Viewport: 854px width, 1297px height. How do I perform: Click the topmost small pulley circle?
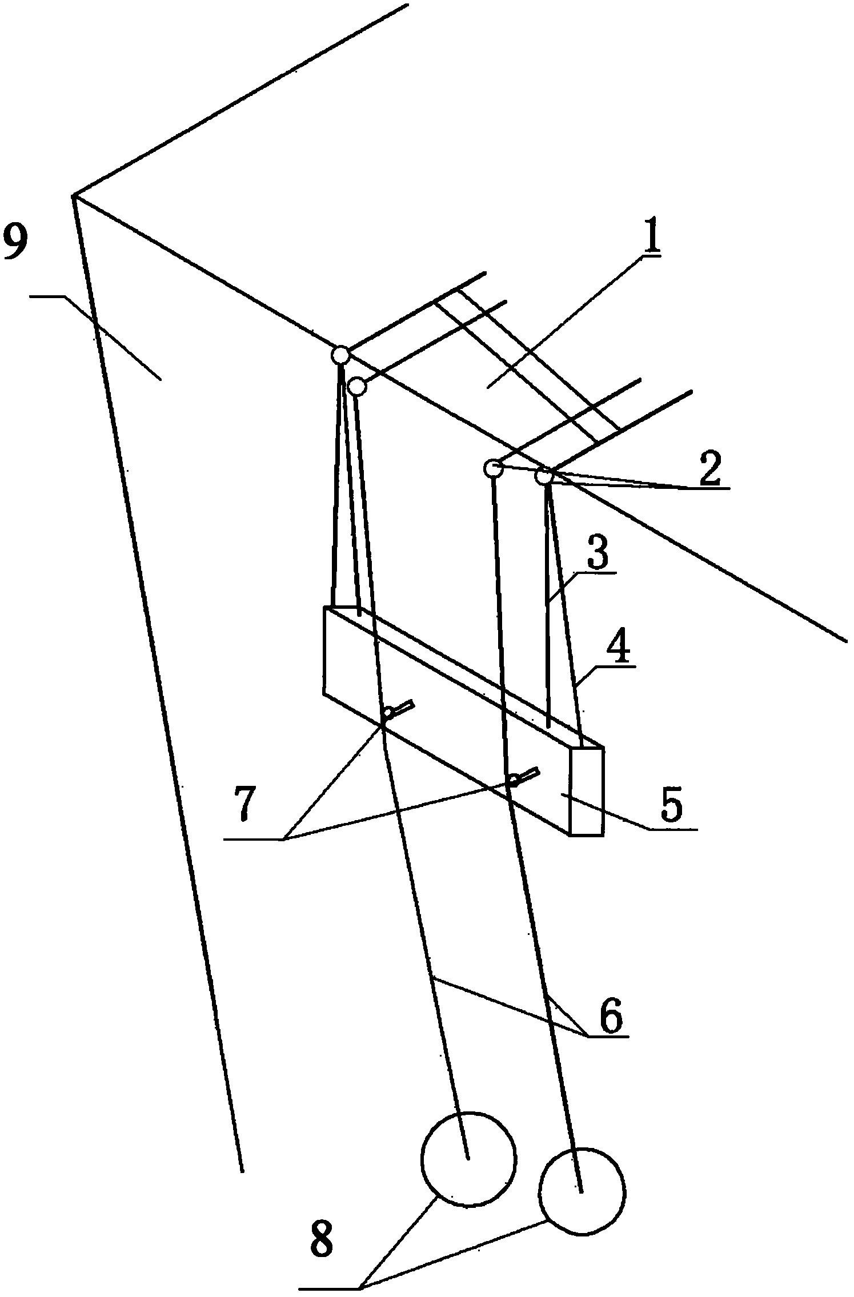[x=340, y=355]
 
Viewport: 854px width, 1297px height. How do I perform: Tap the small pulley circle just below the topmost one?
[x=358, y=387]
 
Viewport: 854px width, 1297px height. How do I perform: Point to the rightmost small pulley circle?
[x=544, y=476]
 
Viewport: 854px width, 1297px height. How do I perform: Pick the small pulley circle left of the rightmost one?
[x=492, y=468]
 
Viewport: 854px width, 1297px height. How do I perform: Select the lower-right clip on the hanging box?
[x=524, y=777]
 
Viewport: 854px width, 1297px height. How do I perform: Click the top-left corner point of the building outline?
[x=74, y=196]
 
